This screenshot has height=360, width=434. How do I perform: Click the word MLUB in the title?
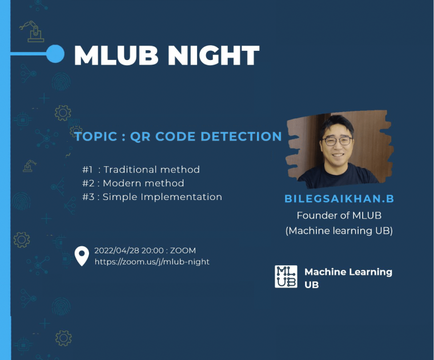(116, 55)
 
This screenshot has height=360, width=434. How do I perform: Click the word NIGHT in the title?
(214, 55)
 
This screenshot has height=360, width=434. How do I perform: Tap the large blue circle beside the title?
(55, 54)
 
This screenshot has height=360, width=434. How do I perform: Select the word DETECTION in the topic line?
(241, 136)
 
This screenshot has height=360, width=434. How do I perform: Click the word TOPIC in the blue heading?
(96, 137)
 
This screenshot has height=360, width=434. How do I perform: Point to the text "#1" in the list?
(87, 170)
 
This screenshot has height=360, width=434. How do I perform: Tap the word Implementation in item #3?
(181, 197)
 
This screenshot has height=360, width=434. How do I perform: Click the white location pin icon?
(82, 255)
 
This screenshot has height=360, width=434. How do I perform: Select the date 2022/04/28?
(116, 250)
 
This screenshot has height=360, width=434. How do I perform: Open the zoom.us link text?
(152, 262)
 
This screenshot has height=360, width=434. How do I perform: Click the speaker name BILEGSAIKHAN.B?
(339, 198)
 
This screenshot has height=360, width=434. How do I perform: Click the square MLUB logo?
(286, 277)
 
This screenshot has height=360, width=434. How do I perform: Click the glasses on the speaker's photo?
(336, 141)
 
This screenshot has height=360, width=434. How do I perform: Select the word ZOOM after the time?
(183, 250)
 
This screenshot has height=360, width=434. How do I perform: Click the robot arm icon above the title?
(32, 31)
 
